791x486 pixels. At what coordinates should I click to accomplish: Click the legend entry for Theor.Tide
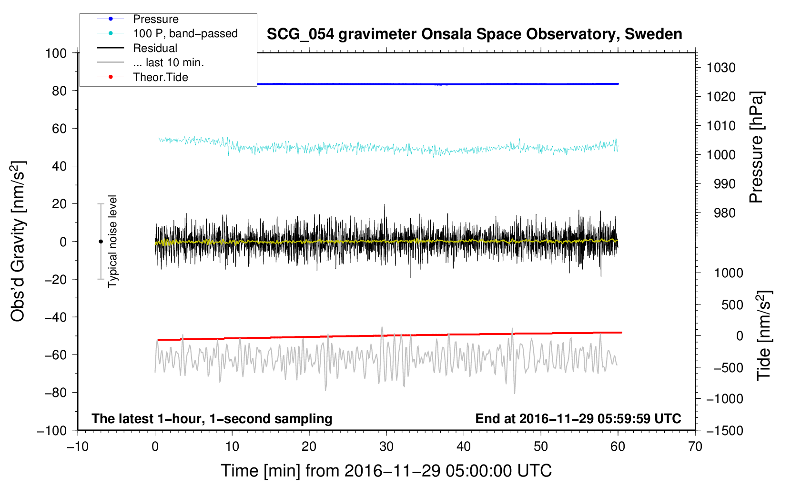click(160, 77)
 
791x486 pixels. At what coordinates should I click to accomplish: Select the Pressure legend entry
click(155, 19)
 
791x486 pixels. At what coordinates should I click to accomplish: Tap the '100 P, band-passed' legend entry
click(185, 34)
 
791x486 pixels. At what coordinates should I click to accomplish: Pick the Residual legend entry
click(155, 48)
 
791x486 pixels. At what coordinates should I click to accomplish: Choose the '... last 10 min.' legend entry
click(168, 63)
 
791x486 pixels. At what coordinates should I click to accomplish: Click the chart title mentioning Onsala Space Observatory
click(474, 34)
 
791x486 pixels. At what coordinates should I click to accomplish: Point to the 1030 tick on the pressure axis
click(721, 68)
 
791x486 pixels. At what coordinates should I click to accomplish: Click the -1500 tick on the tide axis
click(724, 430)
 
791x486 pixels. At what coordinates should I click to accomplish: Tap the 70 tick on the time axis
click(695, 446)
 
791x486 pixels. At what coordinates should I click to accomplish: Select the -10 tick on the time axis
click(78, 446)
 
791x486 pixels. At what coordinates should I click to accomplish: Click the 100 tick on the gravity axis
click(56, 53)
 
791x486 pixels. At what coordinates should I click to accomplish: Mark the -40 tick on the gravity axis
click(56, 317)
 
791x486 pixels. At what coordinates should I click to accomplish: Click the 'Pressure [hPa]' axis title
click(756, 148)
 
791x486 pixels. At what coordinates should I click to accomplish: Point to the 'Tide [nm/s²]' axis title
click(764, 335)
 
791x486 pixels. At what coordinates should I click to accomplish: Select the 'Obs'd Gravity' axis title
click(18, 242)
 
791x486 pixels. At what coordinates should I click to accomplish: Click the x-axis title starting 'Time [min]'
click(386, 471)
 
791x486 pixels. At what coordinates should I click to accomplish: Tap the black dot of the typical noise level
click(101, 242)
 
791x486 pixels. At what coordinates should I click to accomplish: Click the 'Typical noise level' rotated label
click(112, 242)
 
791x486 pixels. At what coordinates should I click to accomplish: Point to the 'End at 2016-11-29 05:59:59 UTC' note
click(578, 418)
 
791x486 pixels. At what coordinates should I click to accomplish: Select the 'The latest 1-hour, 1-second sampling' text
click(212, 418)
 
